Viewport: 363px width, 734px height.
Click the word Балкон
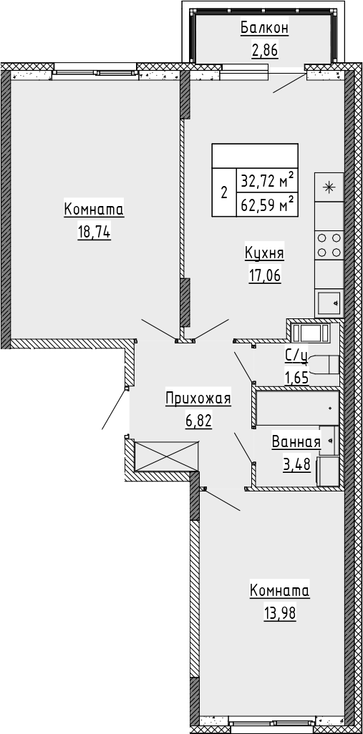[264, 29]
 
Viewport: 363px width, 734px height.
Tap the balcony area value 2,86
[265, 49]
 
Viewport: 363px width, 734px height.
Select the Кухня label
[264, 254]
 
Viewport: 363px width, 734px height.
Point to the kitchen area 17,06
[265, 275]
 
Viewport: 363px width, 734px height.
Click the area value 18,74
[94, 233]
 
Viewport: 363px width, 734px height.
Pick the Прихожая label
[198, 399]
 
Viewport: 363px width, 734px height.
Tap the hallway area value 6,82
[198, 421]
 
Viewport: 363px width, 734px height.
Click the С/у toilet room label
[296, 357]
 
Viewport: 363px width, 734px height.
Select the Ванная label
[296, 442]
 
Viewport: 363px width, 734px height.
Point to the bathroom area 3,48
[296, 464]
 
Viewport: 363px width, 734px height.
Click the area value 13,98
[280, 612]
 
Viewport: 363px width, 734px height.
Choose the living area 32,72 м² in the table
[268, 180]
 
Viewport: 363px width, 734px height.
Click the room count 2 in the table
[224, 193]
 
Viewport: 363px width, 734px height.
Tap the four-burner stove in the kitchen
[329, 245]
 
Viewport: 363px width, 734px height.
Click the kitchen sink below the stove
[329, 303]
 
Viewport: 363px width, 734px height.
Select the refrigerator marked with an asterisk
[329, 187]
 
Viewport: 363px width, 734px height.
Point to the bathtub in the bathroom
[298, 408]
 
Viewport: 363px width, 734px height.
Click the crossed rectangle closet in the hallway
[166, 456]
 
